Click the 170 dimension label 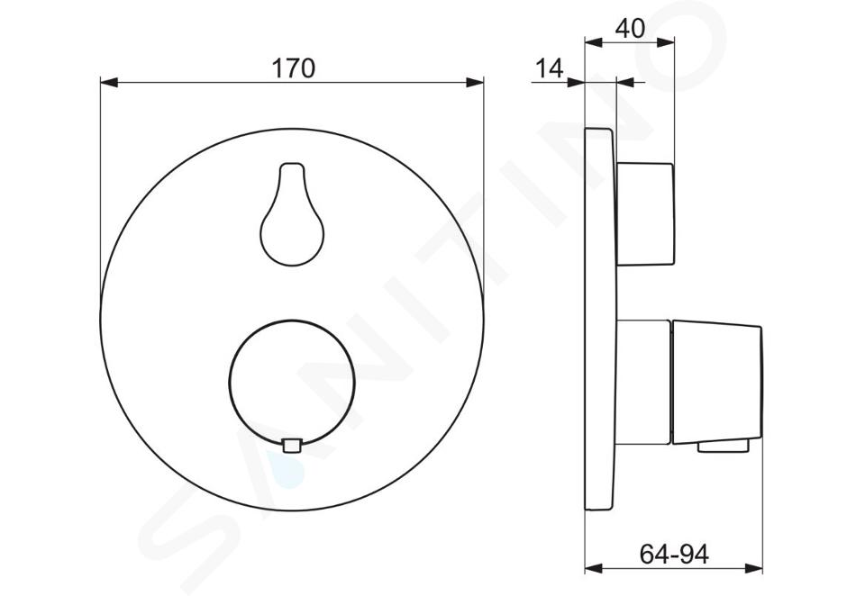(294, 68)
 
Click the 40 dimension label (630, 28)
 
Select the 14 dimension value (550, 68)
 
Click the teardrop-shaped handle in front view (292, 214)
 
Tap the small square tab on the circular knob (292, 445)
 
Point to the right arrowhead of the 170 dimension (475, 83)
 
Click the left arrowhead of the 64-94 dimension (594, 568)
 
